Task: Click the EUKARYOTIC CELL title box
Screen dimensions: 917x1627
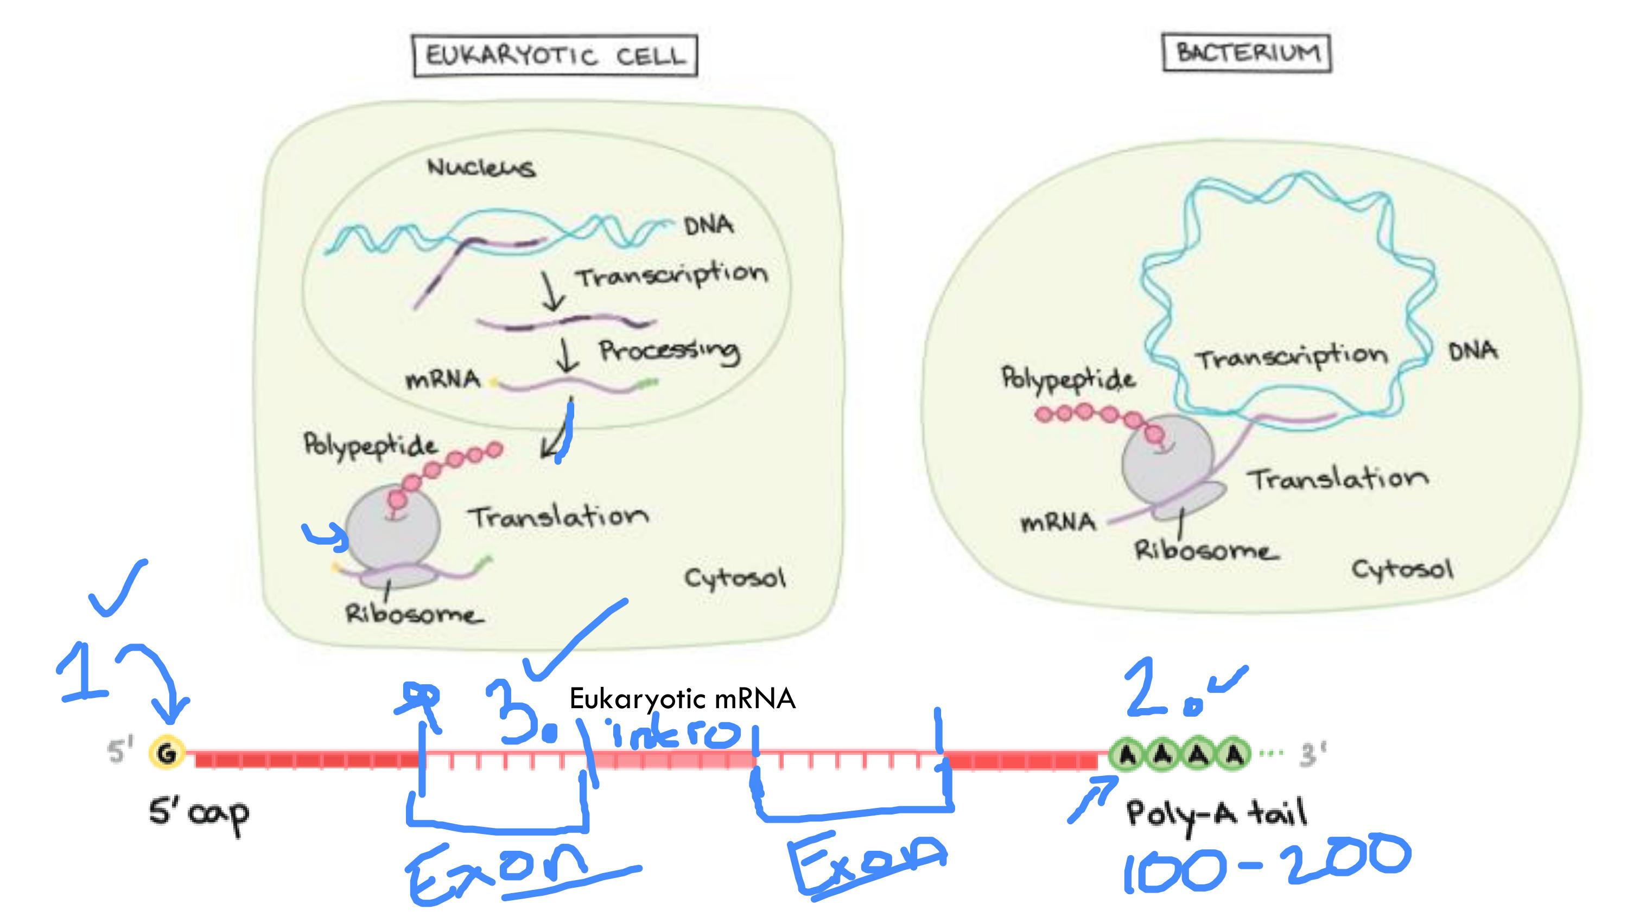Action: pyautogui.click(x=555, y=55)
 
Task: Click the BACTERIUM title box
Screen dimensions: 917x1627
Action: pyautogui.click(x=1247, y=53)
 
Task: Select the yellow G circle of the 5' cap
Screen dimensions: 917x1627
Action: pyautogui.click(x=167, y=753)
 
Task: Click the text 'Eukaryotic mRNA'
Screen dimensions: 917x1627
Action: pyautogui.click(x=682, y=699)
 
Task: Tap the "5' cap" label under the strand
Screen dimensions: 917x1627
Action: pyautogui.click(x=198, y=814)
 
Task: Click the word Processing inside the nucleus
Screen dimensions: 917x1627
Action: pyautogui.click(x=670, y=351)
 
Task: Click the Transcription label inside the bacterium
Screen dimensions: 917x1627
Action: pyautogui.click(x=1292, y=358)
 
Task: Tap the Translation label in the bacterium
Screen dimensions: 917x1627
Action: pyautogui.click(x=1338, y=479)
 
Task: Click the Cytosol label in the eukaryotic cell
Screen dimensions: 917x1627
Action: pyautogui.click(x=735, y=578)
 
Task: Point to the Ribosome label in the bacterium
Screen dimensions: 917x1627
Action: pyautogui.click(x=1205, y=551)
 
